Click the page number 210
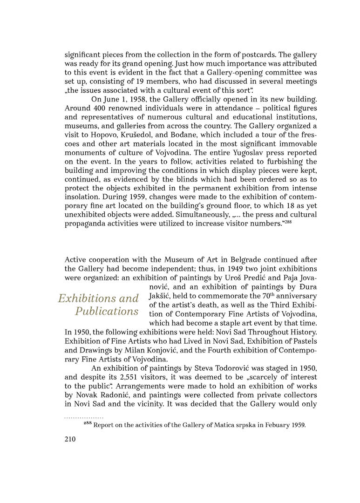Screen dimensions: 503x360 point(70,439)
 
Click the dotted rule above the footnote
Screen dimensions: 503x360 point(84,417)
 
